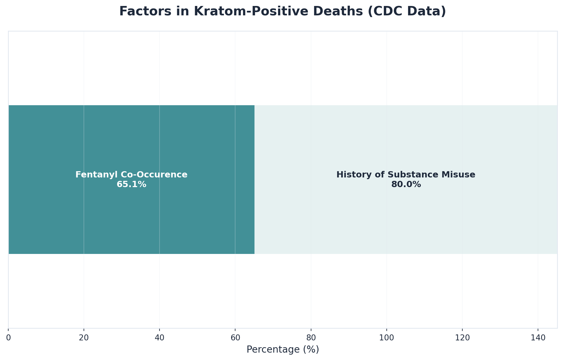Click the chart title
click(282, 11)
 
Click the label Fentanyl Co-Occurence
click(131, 175)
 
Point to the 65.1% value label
click(131, 185)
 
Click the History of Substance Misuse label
click(406, 175)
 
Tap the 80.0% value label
click(406, 185)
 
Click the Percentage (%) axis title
click(283, 349)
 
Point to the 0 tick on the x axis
click(9, 338)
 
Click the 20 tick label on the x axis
click(84, 338)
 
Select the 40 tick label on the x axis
click(160, 338)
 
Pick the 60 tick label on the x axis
click(235, 338)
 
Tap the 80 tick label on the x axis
click(311, 338)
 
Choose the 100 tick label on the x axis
click(386, 338)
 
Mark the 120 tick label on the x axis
click(462, 338)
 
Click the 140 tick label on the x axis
click(538, 338)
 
